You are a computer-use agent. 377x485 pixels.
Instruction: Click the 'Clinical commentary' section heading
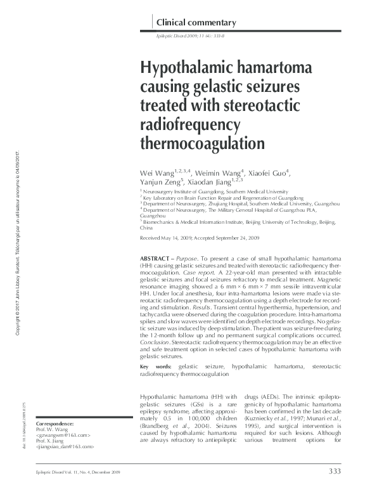click(x=196, y=23)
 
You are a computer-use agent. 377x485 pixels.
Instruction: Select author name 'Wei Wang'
click(x=158, y=173)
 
